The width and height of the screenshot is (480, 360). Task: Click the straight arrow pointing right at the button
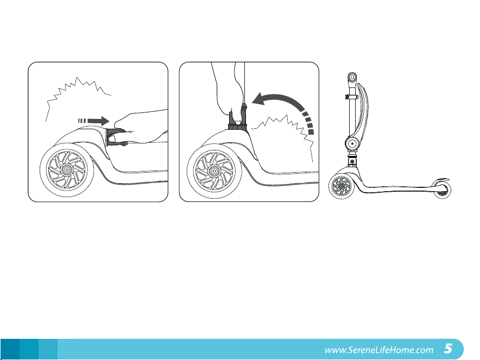pyautogui.click(x=94, y=121)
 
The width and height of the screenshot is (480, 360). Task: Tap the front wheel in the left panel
pyautogui.click(x=67, y=169)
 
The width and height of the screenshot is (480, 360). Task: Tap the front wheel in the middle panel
pyautogui.click(x=214, y=171)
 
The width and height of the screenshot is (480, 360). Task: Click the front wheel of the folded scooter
pyautogui.click(x=342, y=186)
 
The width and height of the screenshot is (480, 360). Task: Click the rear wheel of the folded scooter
pyautogui.click(x=442, y=190)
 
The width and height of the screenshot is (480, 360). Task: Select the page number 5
pyautogui.click(x=448, y=349)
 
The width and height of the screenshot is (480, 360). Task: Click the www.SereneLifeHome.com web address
pyautogui.click(x=379, y=350)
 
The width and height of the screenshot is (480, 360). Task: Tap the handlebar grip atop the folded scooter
pyautogui.click(x=352, y=78)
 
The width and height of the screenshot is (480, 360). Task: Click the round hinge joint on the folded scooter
pyautogui.click(x=352, y=143)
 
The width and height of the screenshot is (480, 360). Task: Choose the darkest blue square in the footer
pyautogui.click(x=10, y=349)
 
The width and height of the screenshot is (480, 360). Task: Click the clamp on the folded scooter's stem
pyautogui.click(x=351, y=97)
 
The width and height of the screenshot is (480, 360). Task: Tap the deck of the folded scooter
pyautogui.click(x=398, y=188)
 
